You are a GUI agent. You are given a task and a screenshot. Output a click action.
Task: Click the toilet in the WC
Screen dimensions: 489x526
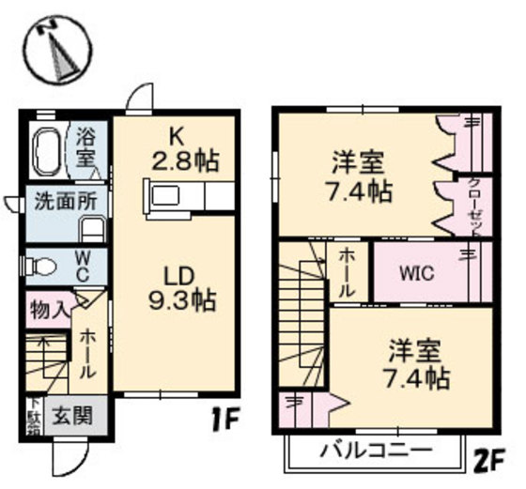39,267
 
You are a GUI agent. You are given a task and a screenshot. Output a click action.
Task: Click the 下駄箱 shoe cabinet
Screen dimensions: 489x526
32,414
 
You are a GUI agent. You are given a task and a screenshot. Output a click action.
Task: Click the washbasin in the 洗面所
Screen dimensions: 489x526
91,228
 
